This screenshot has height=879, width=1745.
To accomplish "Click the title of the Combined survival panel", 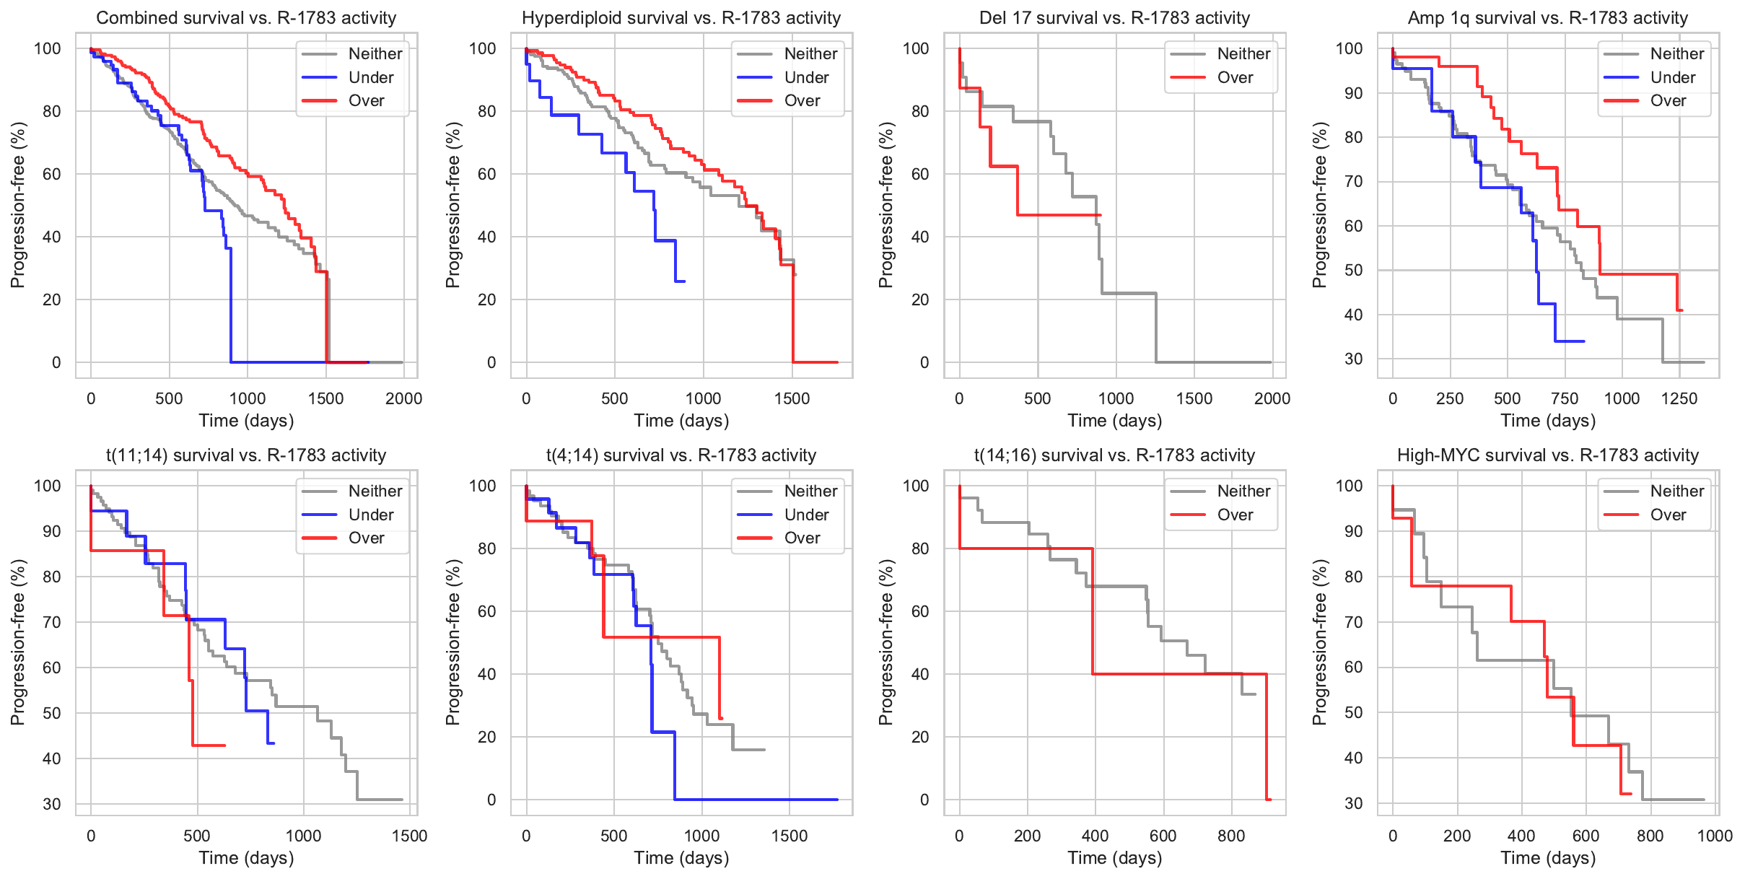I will pyautogui.click(x=246, y=18).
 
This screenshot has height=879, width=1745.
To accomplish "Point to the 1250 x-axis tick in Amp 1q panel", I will pyautogui.click(x=1679, y=398).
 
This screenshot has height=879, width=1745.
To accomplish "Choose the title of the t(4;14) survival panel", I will pyautogui.click(x=681, y=455).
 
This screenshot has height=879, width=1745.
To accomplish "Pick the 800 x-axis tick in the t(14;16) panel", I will pyautogui.click(x=1231, y=836).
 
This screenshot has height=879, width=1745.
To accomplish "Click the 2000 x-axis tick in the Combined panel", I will pyautogui.click(x=403, y=398).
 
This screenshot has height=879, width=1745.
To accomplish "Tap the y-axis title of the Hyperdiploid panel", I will pyautogui.click(x=452, y=205).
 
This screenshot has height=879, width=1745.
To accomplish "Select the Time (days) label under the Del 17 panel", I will pyautogui.click(x=1114, y=421).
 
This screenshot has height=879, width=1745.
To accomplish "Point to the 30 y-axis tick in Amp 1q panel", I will pyautogui.click(x=1354, y=359).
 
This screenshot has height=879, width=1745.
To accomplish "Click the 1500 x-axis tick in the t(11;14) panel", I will pyautogui.click(x=409, y=836).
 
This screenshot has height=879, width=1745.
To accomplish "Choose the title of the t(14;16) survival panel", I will pyautogui.click(x=1114, y=455).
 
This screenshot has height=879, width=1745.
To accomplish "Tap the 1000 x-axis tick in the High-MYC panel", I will pyautogui.click(x=1715, y=836).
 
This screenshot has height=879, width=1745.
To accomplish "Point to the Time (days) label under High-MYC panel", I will pyautogui.click(x=1548, y=858).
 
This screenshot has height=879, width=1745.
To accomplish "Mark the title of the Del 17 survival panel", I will pyautogui.click(x=1114, y=18).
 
